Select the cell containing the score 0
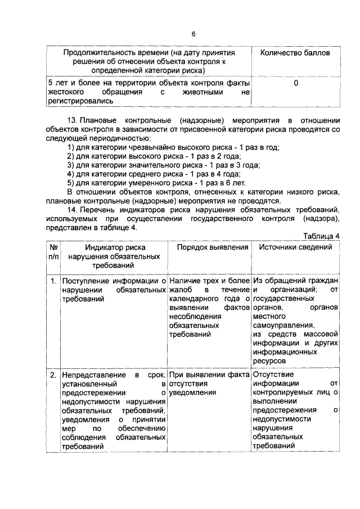click(296, 83)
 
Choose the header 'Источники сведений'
click(295, 247)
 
